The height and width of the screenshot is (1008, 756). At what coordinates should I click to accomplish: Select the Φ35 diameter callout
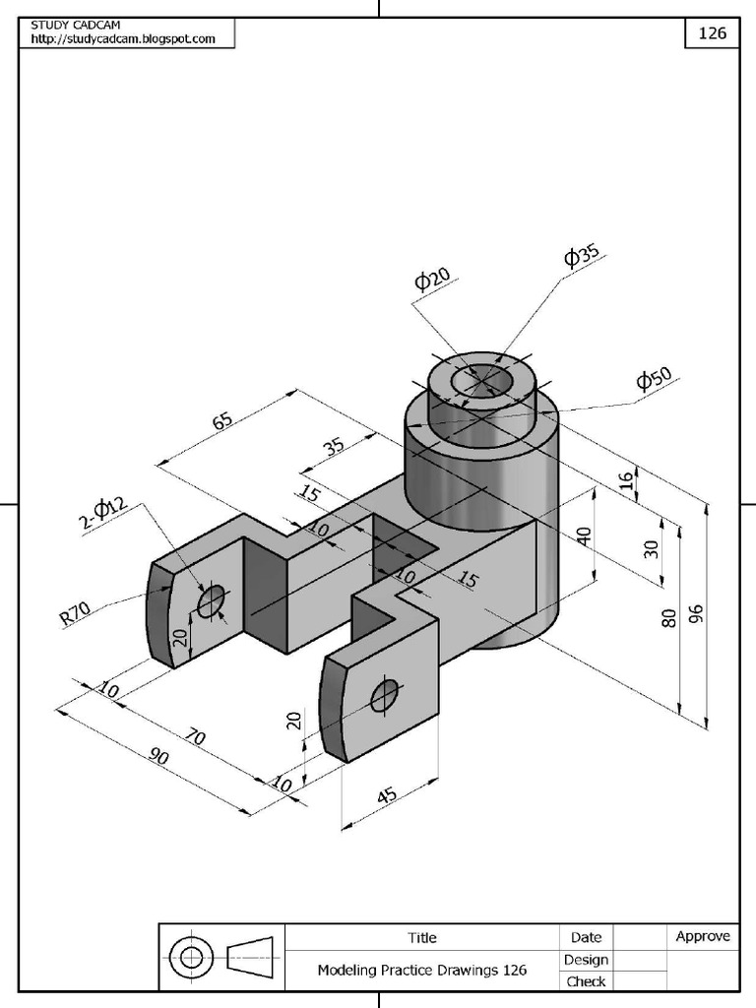point(582,256)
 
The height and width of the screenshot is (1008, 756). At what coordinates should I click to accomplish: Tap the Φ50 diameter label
point(654,379)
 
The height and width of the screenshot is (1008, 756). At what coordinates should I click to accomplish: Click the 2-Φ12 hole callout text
point(105,513)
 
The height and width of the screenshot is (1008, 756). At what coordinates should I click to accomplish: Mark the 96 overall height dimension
point(697,615)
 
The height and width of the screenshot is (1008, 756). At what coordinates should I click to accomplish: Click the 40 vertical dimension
point(584,536)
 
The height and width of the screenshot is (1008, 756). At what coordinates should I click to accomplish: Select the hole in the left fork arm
point(211,600)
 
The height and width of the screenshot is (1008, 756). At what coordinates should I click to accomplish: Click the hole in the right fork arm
point(385,696)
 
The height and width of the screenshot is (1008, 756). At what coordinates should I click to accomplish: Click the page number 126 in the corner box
point(712,32)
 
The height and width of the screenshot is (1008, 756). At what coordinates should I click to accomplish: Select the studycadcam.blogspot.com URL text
point(123,38)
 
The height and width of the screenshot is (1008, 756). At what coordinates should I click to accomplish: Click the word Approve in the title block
point(703,936)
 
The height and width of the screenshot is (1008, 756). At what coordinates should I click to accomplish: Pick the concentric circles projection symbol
point(191,956)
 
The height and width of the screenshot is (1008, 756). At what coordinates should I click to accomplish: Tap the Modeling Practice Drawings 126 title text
point(421,970)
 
